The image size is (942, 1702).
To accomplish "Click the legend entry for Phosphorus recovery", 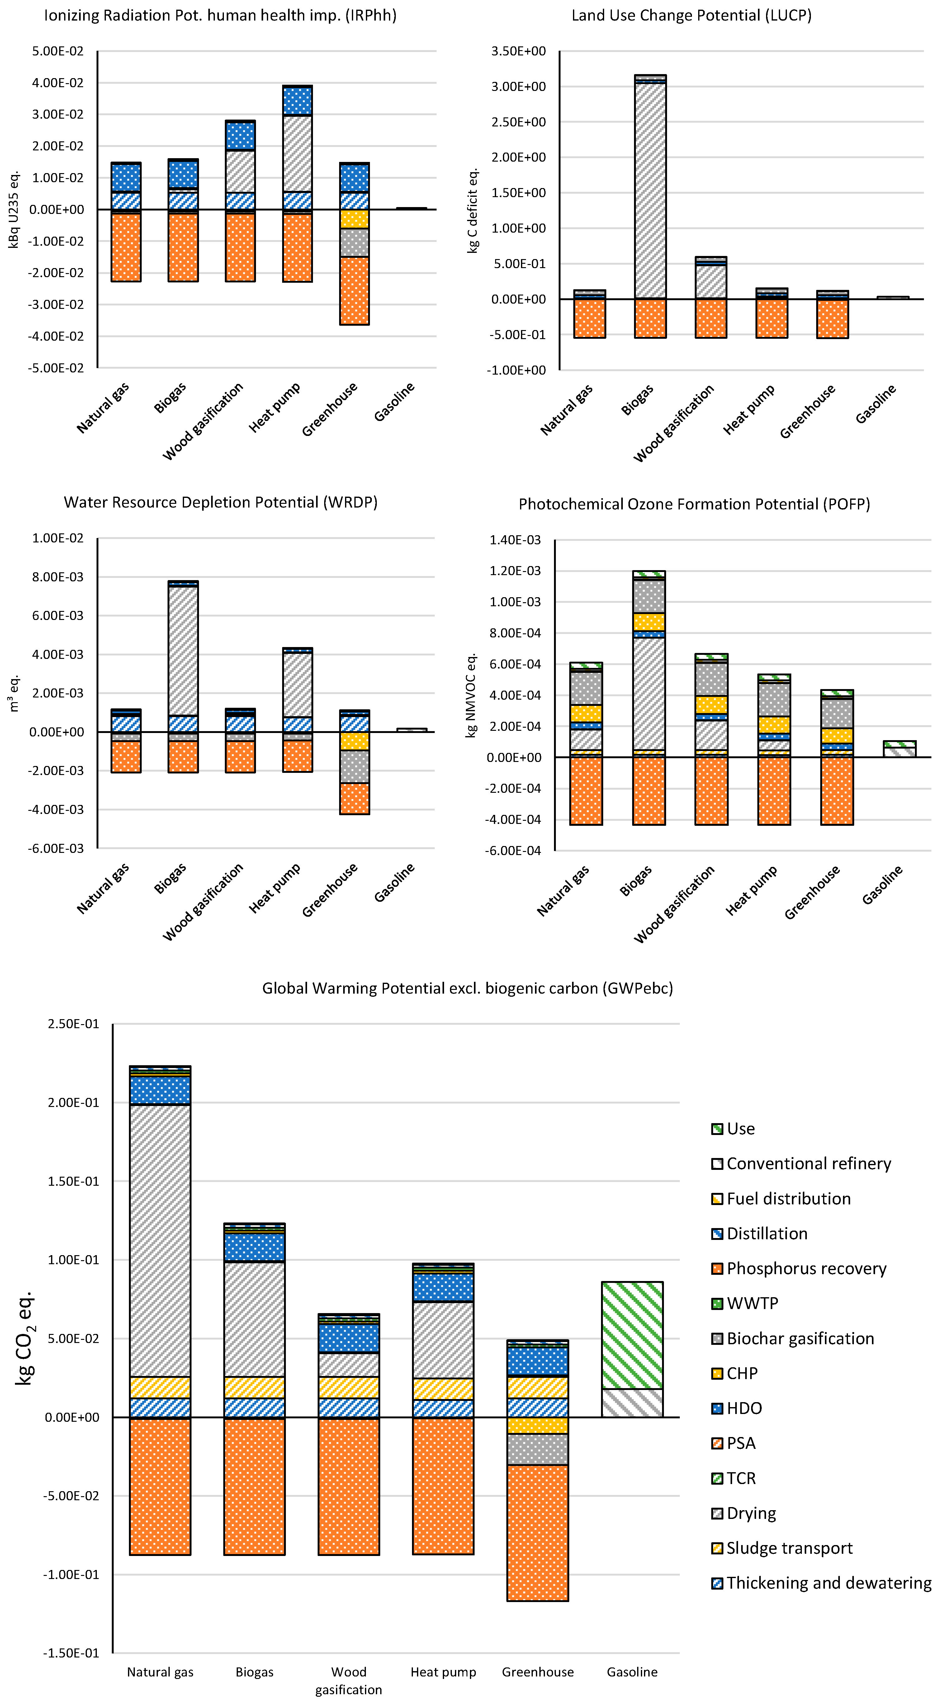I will click(x=806, y=1269).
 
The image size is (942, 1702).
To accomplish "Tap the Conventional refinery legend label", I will click(x=808, y=1164).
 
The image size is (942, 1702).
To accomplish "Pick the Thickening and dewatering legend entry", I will click(x=828, y=1583).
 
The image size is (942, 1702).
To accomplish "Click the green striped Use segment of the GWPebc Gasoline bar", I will click(x=632, y=1335).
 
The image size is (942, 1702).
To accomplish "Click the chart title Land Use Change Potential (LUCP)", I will click(x=691, y=15).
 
